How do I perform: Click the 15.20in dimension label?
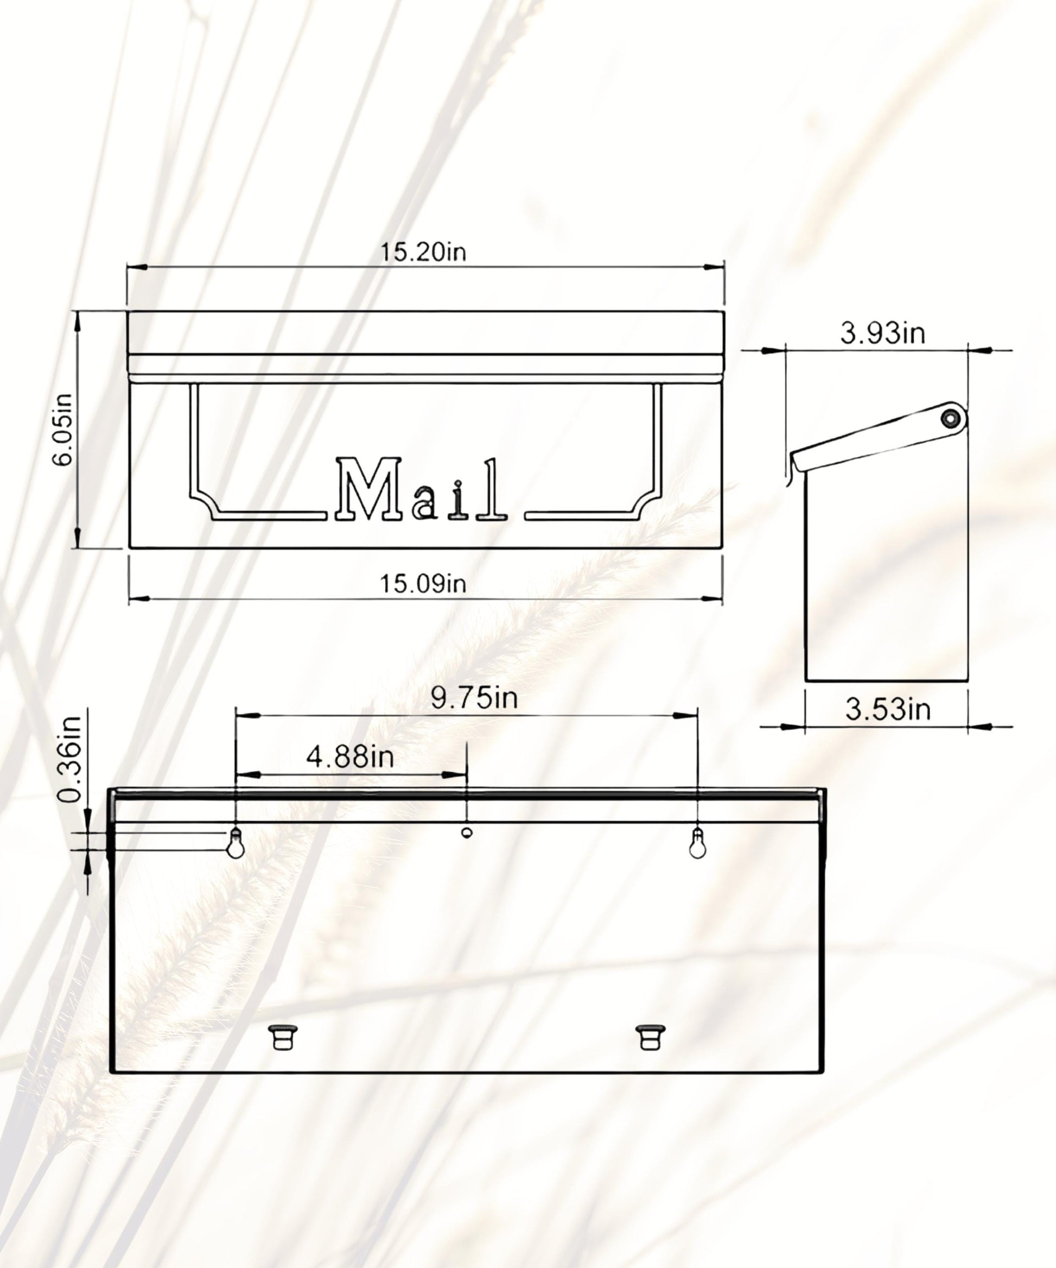(x=423, y=252)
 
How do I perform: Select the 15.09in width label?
(x=423, y=584)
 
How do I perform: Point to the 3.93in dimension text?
(x=883, y=333)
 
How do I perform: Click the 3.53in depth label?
(x=888, y=709)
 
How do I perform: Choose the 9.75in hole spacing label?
(x=474, y=698)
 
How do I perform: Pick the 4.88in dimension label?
(x=350, y=756)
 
